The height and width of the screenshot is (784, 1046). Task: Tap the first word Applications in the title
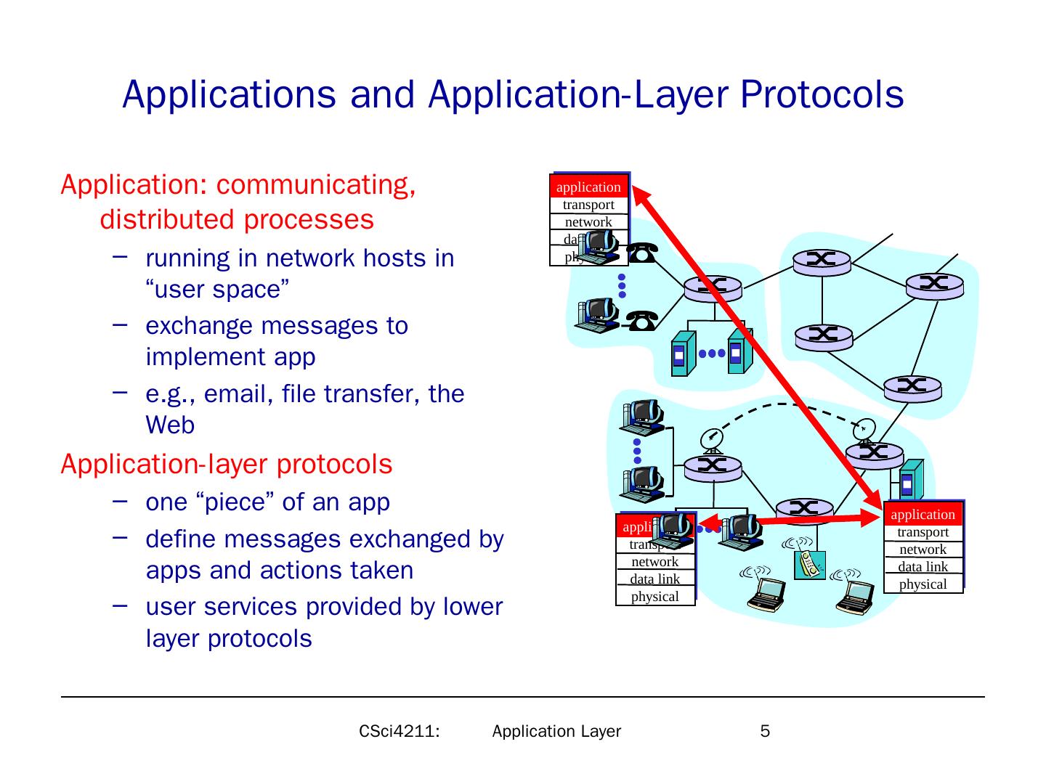229,94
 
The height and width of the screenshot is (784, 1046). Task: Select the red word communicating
316,185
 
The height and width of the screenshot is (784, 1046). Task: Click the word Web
170,425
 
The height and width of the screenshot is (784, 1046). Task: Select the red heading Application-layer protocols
227,464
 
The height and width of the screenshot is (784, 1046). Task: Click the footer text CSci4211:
400,731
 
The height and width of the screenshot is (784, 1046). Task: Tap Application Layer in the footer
556,731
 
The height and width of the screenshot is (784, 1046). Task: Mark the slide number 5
765,731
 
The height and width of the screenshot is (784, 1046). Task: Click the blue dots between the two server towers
712,354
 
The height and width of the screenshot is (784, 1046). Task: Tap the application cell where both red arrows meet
923,515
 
